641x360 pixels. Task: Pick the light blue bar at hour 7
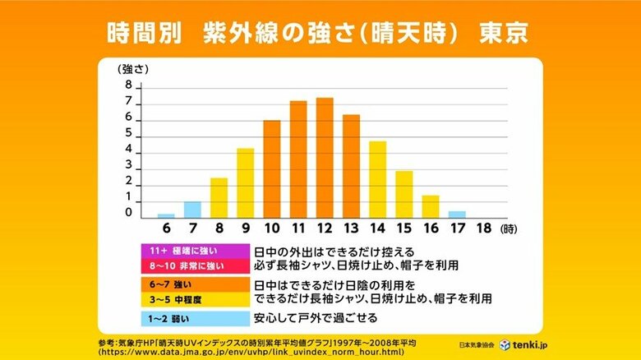tap(193, 209)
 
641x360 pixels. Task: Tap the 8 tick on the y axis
tap(129, 85)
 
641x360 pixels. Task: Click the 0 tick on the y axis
tap(129, 213)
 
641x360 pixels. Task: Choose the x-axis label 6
tap(166, 227)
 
